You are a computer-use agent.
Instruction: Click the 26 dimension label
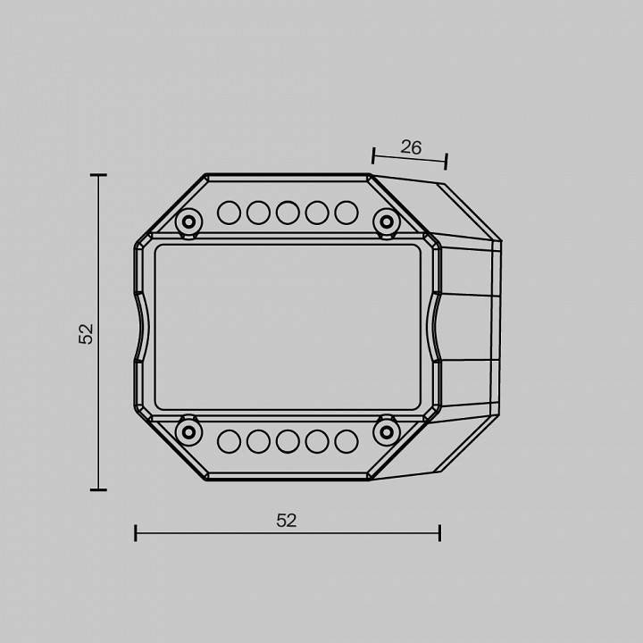click(411, 147)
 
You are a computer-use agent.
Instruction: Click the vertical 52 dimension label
click(86, 334)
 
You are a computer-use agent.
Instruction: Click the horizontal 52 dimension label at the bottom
click(287, 521)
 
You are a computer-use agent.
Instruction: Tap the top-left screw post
click(188, 222)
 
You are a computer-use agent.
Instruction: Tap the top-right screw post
click(387, 221)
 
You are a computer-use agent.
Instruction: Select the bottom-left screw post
click(188, 432)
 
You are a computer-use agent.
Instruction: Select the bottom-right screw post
click(387, 431)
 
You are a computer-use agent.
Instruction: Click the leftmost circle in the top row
click(229, 213)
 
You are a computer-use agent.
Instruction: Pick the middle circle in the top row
click(288, 213)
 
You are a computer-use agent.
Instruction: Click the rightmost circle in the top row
click(347, 213)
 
